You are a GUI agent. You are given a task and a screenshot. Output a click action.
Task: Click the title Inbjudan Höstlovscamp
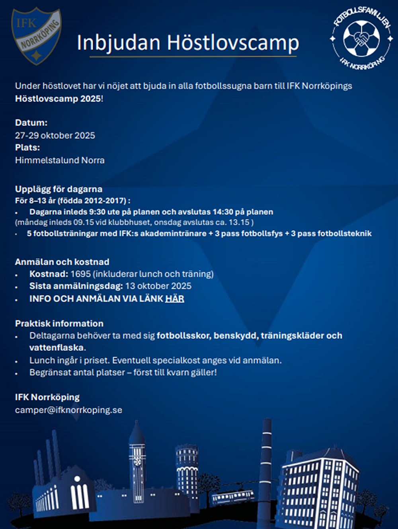click(188, 43)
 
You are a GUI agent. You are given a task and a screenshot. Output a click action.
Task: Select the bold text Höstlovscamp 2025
click(58, 99)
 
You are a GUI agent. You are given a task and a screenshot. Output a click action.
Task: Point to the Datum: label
click(31, 123)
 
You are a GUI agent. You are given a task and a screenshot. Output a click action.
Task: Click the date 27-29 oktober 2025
click(55, 135)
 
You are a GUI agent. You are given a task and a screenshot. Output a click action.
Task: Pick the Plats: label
click(27, 147)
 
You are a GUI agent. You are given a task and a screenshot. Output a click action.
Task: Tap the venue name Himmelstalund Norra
click(60, 160)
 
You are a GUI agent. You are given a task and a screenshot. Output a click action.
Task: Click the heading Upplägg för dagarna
click(59, 189)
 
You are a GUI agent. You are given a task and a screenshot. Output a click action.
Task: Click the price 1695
click(80, 274)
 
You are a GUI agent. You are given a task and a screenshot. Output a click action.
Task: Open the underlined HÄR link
click(175, 299)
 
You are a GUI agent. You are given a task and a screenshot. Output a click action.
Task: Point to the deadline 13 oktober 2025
click(158, 286)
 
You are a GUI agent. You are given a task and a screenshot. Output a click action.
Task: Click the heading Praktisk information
click(59, 324)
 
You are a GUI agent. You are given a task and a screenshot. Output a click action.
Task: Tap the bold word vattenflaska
click(57, 347)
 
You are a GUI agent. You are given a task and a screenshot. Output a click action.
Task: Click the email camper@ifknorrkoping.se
click(68, 410)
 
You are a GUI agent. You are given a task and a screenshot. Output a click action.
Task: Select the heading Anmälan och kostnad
click(62, 262)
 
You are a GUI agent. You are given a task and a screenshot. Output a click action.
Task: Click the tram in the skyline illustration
click(233, 497)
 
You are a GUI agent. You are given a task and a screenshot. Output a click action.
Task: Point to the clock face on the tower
click(137, 461)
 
